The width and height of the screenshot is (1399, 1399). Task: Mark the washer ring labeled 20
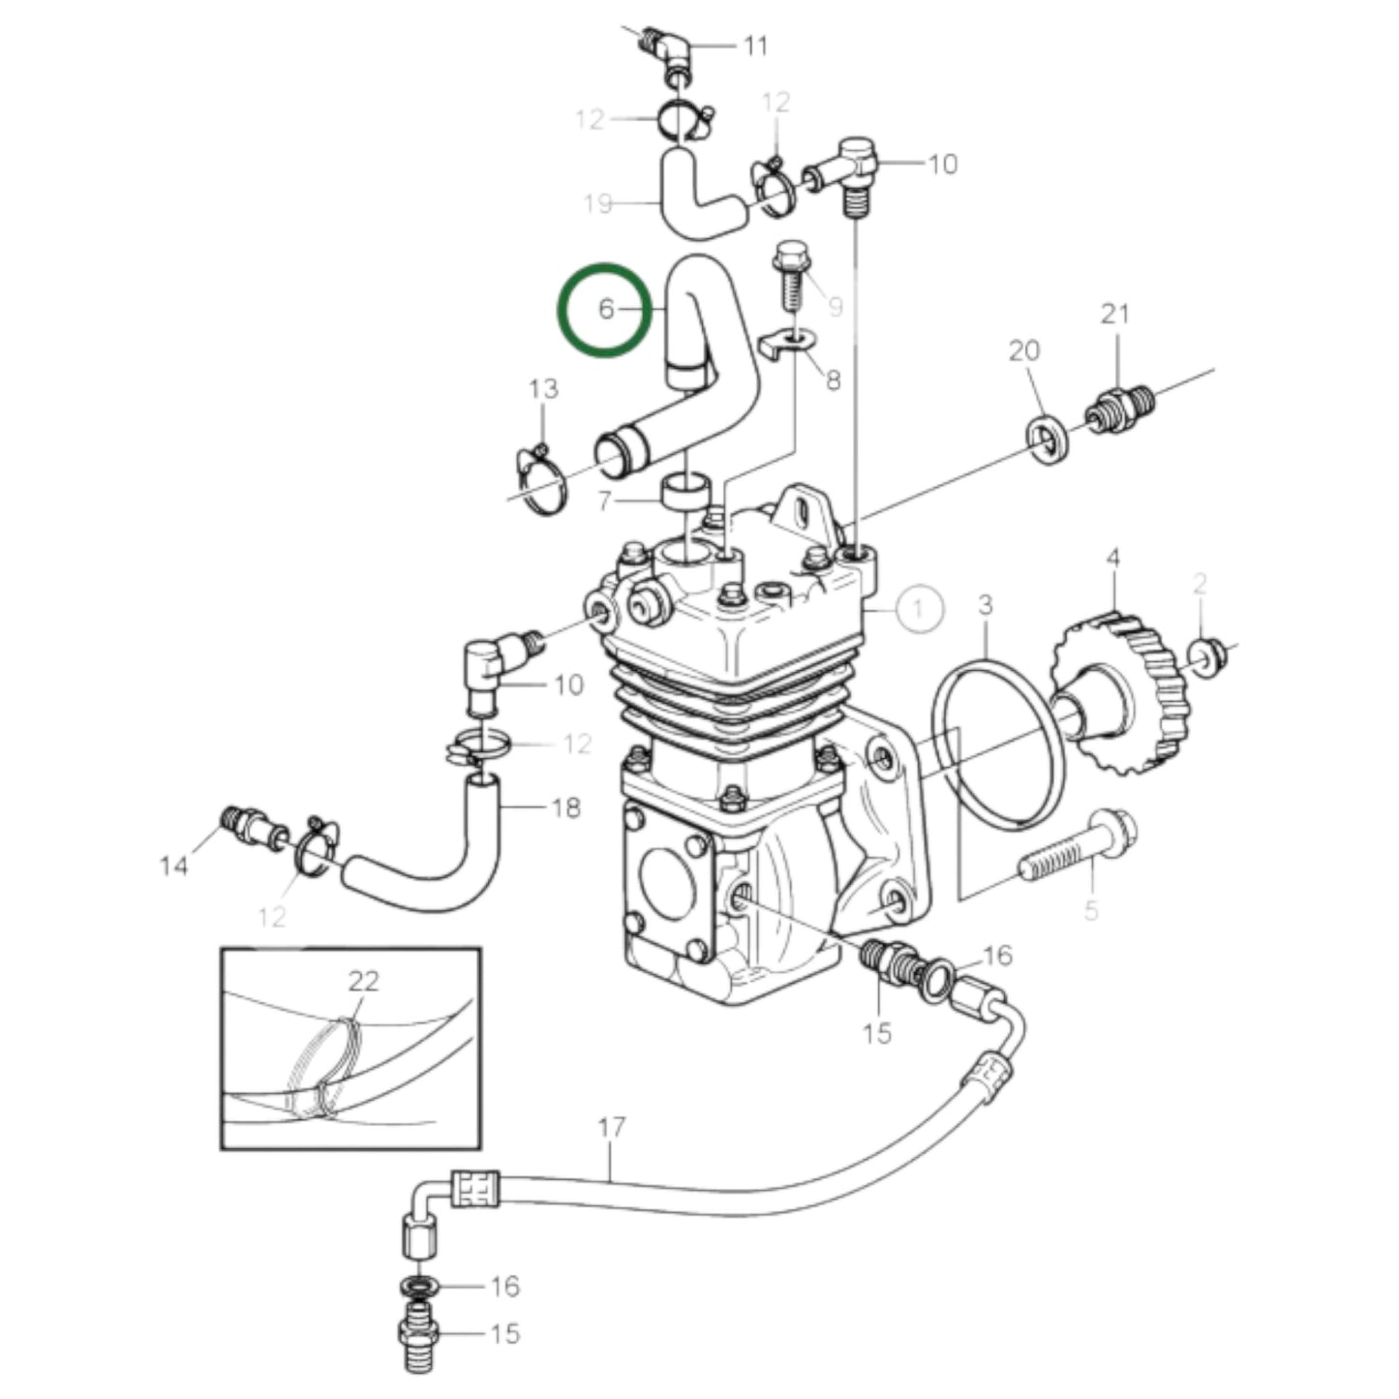pos(1048,438)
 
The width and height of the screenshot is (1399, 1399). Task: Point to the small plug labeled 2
pos(1206,656)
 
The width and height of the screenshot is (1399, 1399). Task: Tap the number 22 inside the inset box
pos(363,981)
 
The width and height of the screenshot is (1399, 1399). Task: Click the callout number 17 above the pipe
pos(611,1128)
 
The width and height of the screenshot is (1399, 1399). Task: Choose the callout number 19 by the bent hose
pos(598,203)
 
